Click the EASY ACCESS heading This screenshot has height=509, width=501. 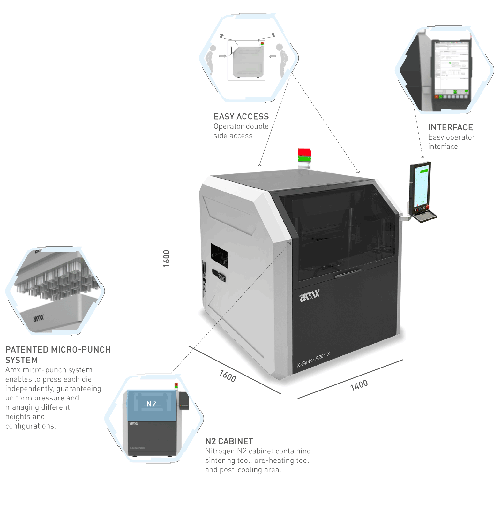[x=241, y=117]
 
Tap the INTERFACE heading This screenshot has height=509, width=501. [x=450, y=127]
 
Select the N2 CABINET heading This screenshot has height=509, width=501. [x=229, y=441]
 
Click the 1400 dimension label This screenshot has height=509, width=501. [x=359, y=385]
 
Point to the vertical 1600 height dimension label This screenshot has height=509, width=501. [x=166, y=258]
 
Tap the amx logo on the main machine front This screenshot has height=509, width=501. [x=309, y=295]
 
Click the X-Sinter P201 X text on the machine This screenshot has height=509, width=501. [x=313, y=360]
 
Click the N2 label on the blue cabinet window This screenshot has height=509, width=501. [x=151, y=404]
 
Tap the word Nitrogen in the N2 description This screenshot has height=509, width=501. [x=220, y=451]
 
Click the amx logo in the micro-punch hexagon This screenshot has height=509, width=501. [x=38, y=318]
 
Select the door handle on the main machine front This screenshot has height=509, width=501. [x=348, y=273]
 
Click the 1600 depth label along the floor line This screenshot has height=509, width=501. [x=228, y=376]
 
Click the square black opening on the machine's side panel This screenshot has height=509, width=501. [x=219, y=256]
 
